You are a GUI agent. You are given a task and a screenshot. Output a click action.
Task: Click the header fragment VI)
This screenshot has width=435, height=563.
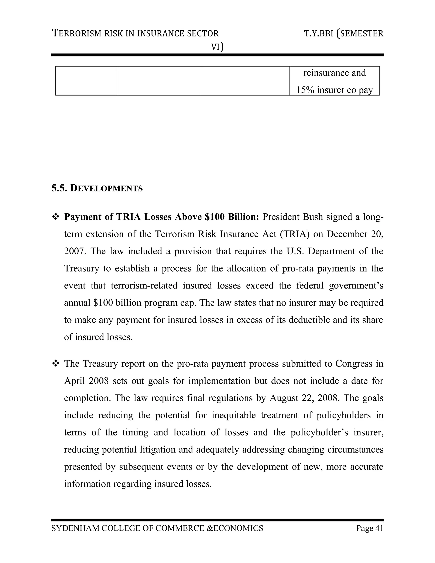pos(217,47)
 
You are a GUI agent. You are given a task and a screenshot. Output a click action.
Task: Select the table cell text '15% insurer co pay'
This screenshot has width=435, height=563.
pos(335,90)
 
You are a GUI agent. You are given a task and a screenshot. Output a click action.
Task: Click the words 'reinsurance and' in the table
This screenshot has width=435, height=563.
pos(335,73)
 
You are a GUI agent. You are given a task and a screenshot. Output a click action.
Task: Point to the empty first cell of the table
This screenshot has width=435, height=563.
pos(86,81)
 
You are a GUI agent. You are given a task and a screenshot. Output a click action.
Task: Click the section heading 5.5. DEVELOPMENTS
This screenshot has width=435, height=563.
pos(97,188)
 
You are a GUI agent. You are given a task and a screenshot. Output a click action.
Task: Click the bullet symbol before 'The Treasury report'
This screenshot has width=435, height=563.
pos(55,364)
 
